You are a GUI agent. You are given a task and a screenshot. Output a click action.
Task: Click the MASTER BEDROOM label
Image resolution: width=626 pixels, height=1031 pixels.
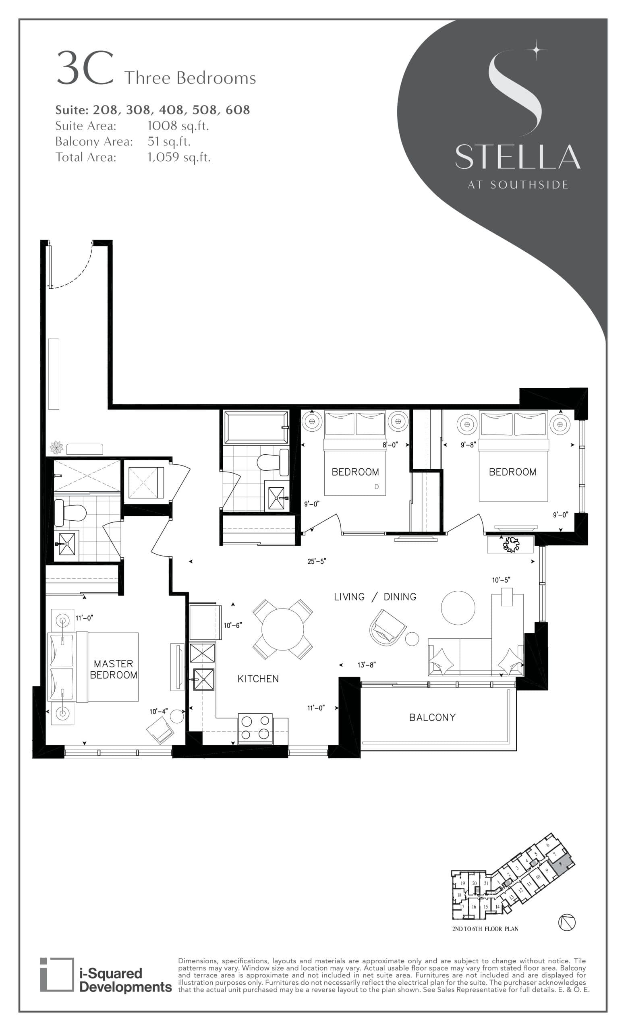pyautogui.click(x=114, y=669)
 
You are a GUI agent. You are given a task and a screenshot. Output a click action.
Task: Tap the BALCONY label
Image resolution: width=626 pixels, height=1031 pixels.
pyautogui.click(x=432, y=717)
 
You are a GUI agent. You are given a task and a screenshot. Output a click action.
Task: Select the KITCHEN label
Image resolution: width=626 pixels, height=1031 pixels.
pyautogui.click(x=258, y=679)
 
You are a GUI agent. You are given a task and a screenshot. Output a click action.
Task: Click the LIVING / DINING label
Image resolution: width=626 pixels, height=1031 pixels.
pyautogui.click(x=375, y=597)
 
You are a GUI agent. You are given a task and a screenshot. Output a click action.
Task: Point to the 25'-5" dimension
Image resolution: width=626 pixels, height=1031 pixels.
pyautogui.click(x=316, y=561)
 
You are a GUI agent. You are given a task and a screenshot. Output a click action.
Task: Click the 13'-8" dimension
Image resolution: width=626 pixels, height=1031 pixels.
pyautogui.click(x=367, y=665)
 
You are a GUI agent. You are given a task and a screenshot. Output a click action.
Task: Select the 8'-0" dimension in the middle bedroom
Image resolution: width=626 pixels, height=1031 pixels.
pyautogui.click(x=390, y=445)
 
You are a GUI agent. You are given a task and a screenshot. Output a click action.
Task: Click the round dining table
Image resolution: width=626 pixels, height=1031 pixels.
pyautogui.click(x=283, y=629)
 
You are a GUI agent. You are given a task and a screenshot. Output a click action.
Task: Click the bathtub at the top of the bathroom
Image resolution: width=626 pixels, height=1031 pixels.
pyautogui.click(x=256, y=427)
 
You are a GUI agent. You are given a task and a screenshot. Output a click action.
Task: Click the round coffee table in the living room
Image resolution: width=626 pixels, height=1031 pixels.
pyautogui.click(x=458, y=608)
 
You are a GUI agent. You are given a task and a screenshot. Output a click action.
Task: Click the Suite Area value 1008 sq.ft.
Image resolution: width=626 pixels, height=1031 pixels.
pyautogui.click(x=178, y=126)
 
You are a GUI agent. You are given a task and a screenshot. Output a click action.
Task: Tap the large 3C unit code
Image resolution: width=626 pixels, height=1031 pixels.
pyautogui.click(x=85, y=68)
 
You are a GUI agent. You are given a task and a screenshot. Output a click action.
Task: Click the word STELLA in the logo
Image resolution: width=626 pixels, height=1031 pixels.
pyautogui.click(x=517, y=157)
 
